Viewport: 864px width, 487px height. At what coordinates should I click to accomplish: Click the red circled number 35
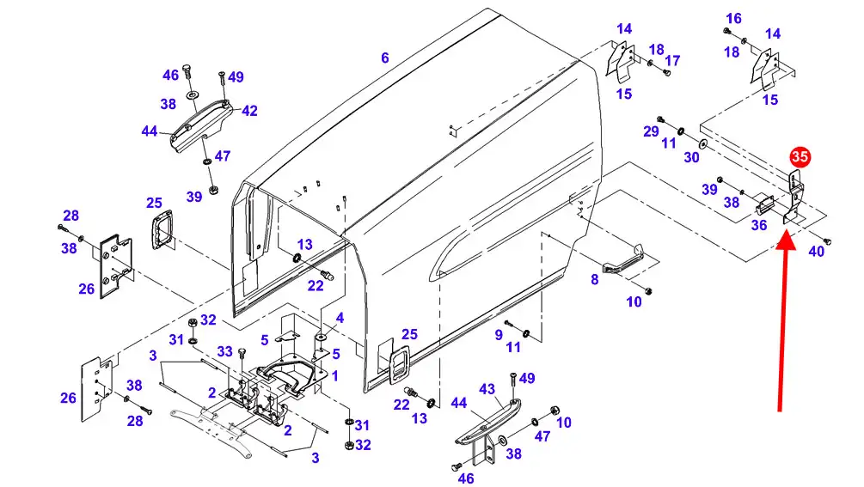pyautogui.click(x=800, y=157)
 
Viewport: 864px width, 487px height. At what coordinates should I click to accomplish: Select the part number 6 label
pyautogui.click(x=384, y=58)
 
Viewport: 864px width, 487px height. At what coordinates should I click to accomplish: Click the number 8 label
pyautogui.click(x=594, y=279)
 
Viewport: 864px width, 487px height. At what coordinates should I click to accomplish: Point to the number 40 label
pyautogui.click(x=816, y=252)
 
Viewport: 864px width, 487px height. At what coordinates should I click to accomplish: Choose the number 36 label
pyautogui.click(x=759, y=225)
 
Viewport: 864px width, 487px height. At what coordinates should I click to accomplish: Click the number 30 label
pyautogui.click(x=691, y=157)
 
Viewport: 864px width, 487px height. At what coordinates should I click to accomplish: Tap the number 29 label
pyautogui.click(x=651, y=131)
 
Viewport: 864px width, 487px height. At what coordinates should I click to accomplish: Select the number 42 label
pyautogui.click(x=249, y=111)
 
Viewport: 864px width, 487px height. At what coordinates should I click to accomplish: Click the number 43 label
pyautogui.click(x=487, y=390)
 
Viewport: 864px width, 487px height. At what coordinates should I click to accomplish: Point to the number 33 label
pyautogui.click(x=225, y=351)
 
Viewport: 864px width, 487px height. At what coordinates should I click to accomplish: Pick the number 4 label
pyautogui.click(x=340, y=318)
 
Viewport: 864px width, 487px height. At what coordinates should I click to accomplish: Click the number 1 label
pyautogui.click(x=335, y=376)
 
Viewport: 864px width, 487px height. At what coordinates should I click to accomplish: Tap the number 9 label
pyautogui.click(x=499, y=335)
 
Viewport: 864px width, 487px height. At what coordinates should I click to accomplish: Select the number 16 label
pyautogui.click(x=733, y=19)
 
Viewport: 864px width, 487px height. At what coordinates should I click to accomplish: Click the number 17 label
pyautogui.click(x=672, y=60)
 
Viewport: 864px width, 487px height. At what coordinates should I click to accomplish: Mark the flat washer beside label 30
pyautogui.click(x=702, y=144)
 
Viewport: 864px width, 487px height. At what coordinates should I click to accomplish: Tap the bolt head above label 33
pyautogui.click(x=241, y=351)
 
